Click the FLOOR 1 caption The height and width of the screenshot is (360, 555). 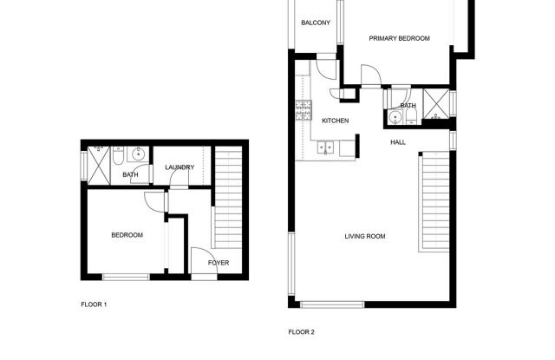coord(94,304)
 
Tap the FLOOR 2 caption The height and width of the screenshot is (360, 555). coord(301,332)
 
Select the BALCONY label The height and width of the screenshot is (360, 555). coord(316,23)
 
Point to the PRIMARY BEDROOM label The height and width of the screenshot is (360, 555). coord(399,38)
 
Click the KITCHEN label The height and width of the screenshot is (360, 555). coord(336,121)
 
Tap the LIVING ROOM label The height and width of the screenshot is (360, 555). coord(365,236)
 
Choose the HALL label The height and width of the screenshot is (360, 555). coord(398,142)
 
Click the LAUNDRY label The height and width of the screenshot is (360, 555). coord(180,167)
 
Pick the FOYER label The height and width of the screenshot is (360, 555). coord(219,263)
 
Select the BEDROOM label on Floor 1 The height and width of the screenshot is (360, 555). coord(127,235)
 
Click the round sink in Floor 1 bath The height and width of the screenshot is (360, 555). coord(138,154)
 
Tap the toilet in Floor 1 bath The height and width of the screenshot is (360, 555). coord(118,156)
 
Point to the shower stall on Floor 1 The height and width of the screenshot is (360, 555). coord(99,166)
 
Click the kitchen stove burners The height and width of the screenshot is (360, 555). coord(304,109)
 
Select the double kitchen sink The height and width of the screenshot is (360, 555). coord(326,147)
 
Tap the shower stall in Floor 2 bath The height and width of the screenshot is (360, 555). coord(436,104)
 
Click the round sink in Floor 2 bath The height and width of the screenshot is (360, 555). coord(395,117)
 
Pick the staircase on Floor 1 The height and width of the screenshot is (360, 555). coord(229,197)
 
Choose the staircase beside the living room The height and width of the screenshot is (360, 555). coord(434,201)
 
